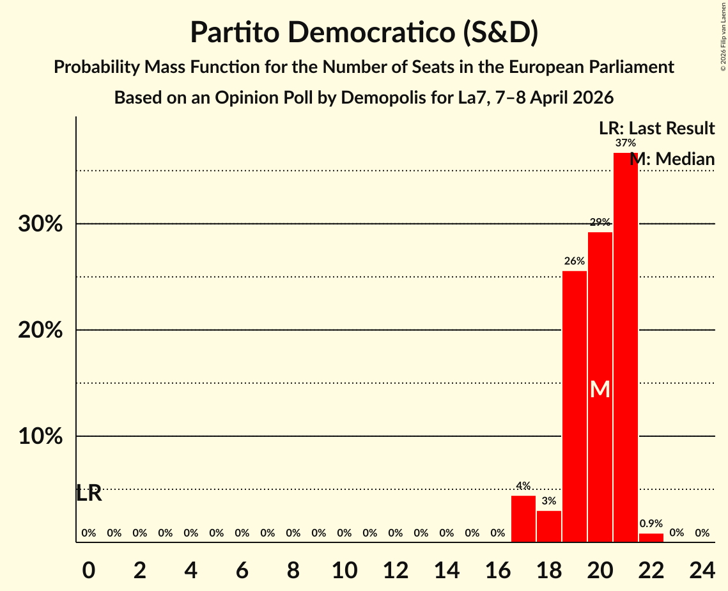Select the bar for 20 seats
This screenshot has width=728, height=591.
pos(600,387)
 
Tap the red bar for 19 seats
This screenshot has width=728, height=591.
pos(574,406)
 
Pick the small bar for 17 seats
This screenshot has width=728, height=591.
pos(523,519)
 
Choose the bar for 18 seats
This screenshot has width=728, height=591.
pos(548,526)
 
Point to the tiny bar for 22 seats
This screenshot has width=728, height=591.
pos(651,538)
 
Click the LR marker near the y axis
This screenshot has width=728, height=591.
pos(89,493)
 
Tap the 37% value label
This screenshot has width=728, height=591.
pos(625,143)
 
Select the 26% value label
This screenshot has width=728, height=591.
pos(574,261)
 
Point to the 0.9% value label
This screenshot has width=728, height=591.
pos(651,523)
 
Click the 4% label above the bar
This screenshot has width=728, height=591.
pos(523,486)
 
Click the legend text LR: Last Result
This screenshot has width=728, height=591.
pos(656,129)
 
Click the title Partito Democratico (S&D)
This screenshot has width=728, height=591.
pos(364,33)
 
